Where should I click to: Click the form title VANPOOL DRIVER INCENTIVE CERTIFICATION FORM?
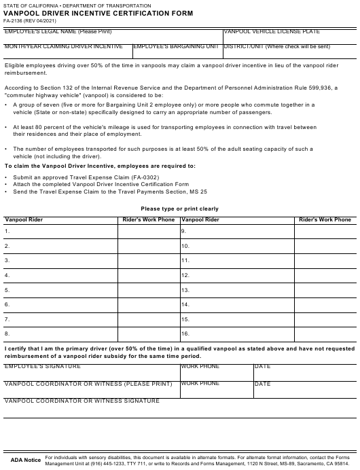[98, 12]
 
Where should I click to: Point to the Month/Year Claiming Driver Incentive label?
[64, 47]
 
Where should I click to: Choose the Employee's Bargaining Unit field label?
[176, 47]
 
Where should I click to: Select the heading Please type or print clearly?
[179, 209]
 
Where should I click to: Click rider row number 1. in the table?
[7, 232]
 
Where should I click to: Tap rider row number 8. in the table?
[7, 333]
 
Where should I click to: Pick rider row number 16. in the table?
[185, 333]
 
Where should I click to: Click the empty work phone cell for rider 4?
[148, 276]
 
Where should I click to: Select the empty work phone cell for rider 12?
[325, 276]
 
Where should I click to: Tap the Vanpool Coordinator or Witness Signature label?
[82, 401]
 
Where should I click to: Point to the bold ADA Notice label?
[25, 460]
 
